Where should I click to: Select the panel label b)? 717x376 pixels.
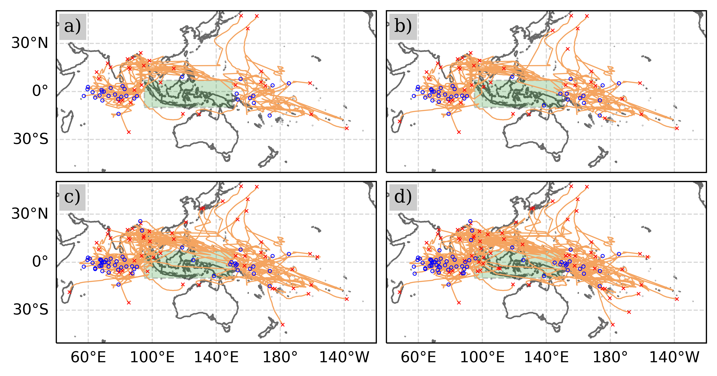403,27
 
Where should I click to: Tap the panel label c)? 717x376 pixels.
72,197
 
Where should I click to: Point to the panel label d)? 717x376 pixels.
403,197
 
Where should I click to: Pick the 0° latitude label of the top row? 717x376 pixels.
40,91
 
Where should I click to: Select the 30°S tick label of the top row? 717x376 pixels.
31,139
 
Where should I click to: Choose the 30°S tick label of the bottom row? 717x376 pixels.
31,310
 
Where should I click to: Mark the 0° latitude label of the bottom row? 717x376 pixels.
40,262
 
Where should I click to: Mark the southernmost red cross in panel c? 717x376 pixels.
283,324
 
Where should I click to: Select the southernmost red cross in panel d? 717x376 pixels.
613,324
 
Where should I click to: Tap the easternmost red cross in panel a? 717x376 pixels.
347,128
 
